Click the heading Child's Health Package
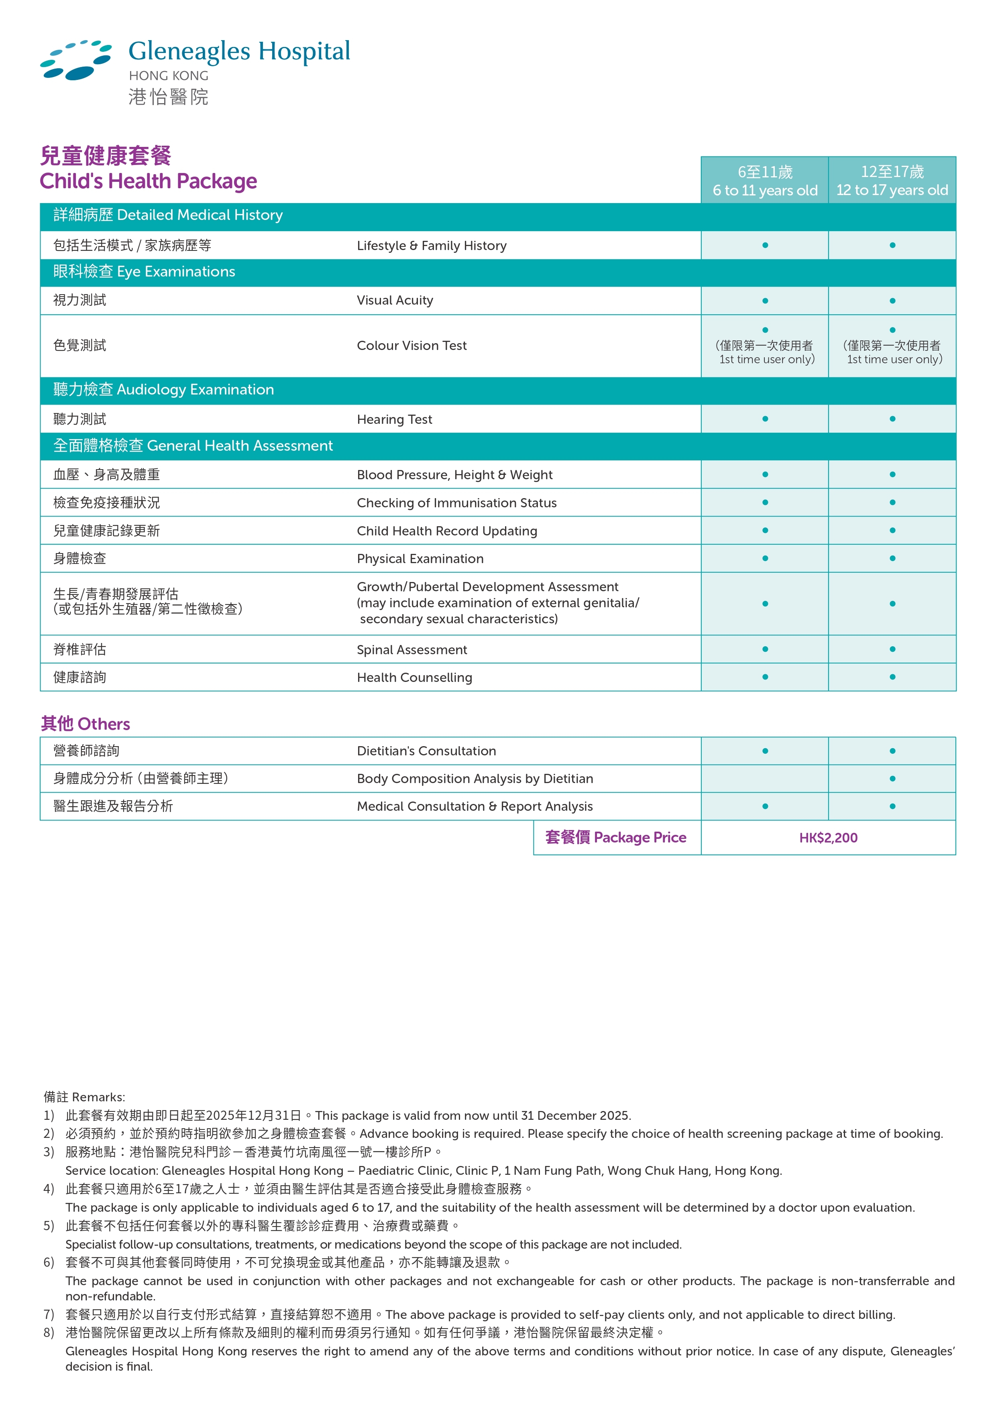pos(149,181)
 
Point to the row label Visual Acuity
pos(395,301)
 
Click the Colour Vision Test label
pos(411,346)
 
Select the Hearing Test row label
pos(394,419)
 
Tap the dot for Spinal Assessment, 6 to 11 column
pos(765,649)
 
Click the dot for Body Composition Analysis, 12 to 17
pos(892,779)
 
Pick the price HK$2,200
pos(828,838)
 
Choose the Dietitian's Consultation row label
pos(426,751)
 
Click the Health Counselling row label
pos(415,678)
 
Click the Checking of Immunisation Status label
pos(457,503)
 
